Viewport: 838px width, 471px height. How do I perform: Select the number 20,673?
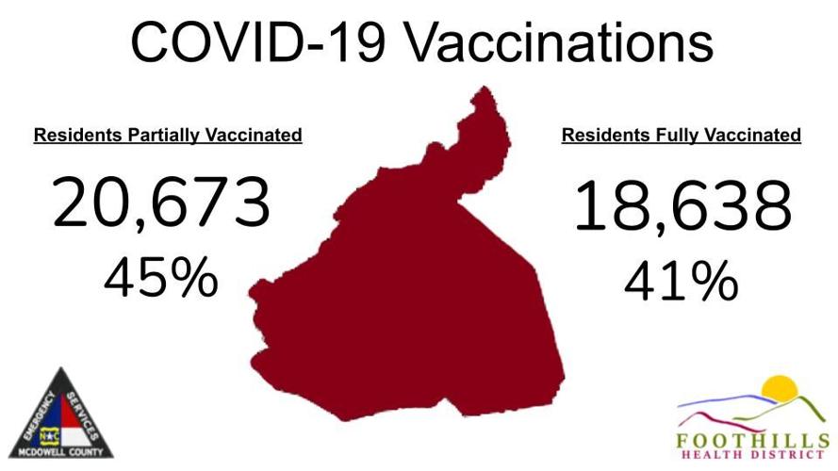click(161, 204)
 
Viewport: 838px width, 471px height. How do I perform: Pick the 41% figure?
click(682, 281)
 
